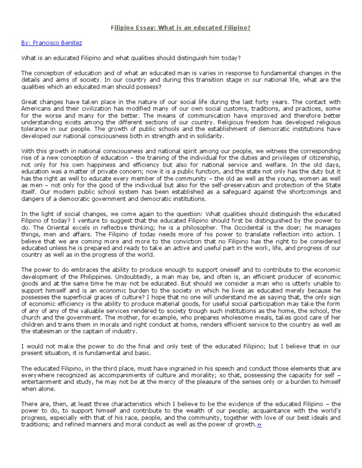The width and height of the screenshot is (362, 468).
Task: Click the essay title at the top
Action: pyautogui.click(x=181, y=28)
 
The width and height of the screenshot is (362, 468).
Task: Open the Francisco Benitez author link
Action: pyautogui.click(x=51, y=43)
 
